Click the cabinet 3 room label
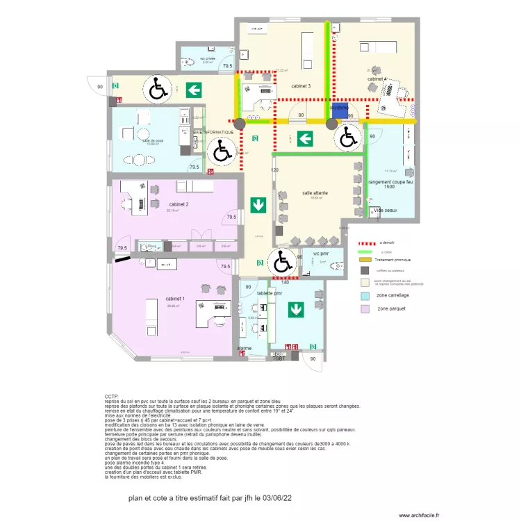[301, 86]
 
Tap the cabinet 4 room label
[377, 80]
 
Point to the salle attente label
[315, 192]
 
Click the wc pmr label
[320, 254]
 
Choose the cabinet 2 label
[179, 204]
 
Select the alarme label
[245, 348]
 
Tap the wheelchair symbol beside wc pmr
[283, 262]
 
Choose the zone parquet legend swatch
[365, 308]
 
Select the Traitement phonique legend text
[394, 259]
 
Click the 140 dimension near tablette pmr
[284, 282]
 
